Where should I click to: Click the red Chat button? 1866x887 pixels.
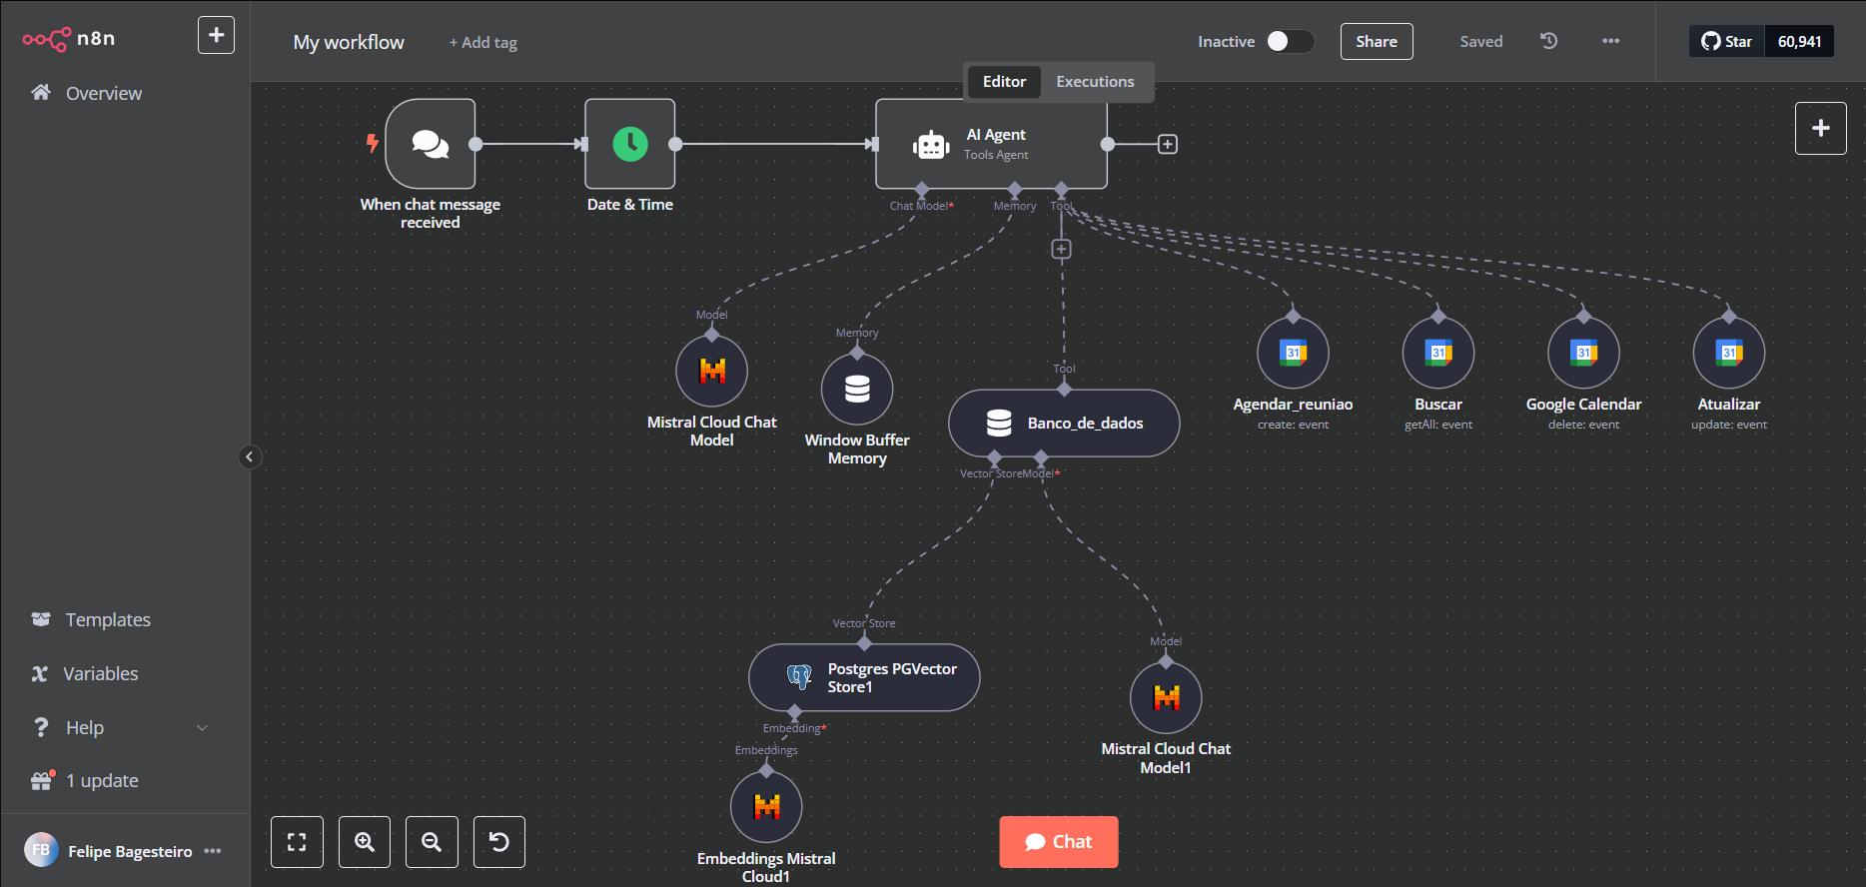(x=1058, y=842)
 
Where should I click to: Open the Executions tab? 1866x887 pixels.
(x=1095, y=82)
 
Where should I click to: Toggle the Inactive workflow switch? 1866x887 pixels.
(x=1289, y=41)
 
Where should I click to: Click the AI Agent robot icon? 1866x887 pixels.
(x=931, y=145)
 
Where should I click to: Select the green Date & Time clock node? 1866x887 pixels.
(x=629, y=144)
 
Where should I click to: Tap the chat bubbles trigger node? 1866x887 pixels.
(x=431, y=144)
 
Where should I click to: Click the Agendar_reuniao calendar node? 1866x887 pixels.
(x=1293, y=353)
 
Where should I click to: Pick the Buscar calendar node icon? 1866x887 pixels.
(x=1437, y=353)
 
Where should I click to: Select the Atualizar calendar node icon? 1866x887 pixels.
(x=1728, y=353)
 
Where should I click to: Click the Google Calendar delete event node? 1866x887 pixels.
(x=1583, y=353)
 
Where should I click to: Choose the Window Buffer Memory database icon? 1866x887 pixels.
(x=857, y=389)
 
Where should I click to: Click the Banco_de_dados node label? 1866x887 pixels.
(x=1085, y=424)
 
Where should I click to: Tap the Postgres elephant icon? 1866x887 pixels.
(x=798, y=677)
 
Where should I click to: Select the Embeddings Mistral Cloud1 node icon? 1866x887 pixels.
(x=766, y=806)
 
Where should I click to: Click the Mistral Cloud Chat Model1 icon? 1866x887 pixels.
(x=1166, y=697)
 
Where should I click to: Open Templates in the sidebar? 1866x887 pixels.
(x=107, y=619)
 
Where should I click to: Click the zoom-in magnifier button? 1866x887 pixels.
(x=365, y=842)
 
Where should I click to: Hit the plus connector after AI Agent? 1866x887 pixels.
(x=1167, y=145)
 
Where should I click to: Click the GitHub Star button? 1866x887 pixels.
(x=1726, y=41)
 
